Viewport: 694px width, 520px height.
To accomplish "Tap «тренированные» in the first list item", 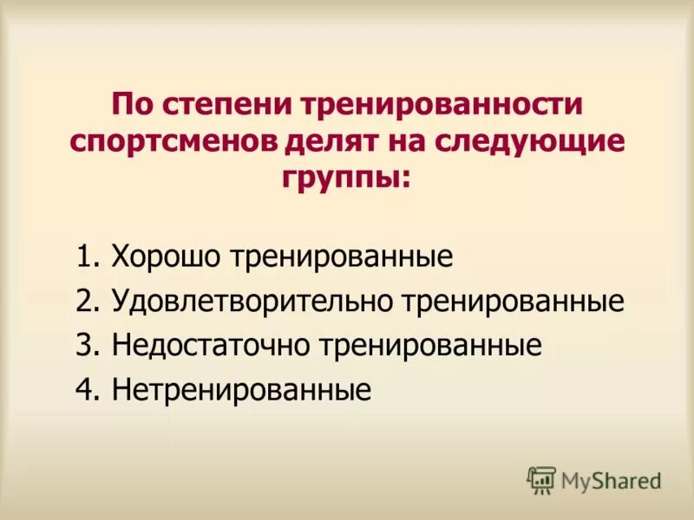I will (x=342, y=257).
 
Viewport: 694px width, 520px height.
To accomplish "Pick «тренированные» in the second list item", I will (x=513, y=302).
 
